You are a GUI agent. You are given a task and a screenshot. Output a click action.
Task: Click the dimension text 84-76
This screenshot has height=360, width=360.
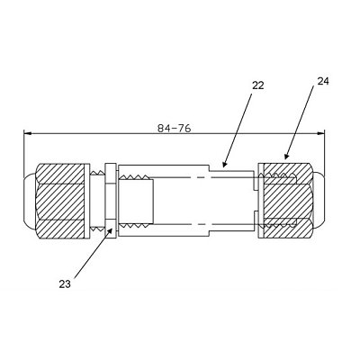[175, 129]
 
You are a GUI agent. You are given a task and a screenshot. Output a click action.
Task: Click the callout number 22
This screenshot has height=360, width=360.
[257, 85]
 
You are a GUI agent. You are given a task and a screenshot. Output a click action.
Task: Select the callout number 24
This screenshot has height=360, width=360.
[323, 81]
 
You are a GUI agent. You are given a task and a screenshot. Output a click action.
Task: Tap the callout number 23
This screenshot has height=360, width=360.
[65, 283]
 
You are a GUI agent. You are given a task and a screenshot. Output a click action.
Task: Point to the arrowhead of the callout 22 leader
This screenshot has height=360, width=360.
[224, 164]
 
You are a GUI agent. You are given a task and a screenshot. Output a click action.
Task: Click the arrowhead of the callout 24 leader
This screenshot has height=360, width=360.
[286, 156]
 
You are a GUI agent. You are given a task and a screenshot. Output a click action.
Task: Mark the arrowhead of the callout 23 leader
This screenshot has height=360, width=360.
[111, 230]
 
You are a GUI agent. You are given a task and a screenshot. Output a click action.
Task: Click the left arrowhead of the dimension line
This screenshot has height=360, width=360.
[27, 133]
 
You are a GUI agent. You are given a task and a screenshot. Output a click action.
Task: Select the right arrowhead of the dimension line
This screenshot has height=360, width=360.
[321, 133]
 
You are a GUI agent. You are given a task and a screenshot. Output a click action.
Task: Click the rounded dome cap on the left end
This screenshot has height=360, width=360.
[29, 201]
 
